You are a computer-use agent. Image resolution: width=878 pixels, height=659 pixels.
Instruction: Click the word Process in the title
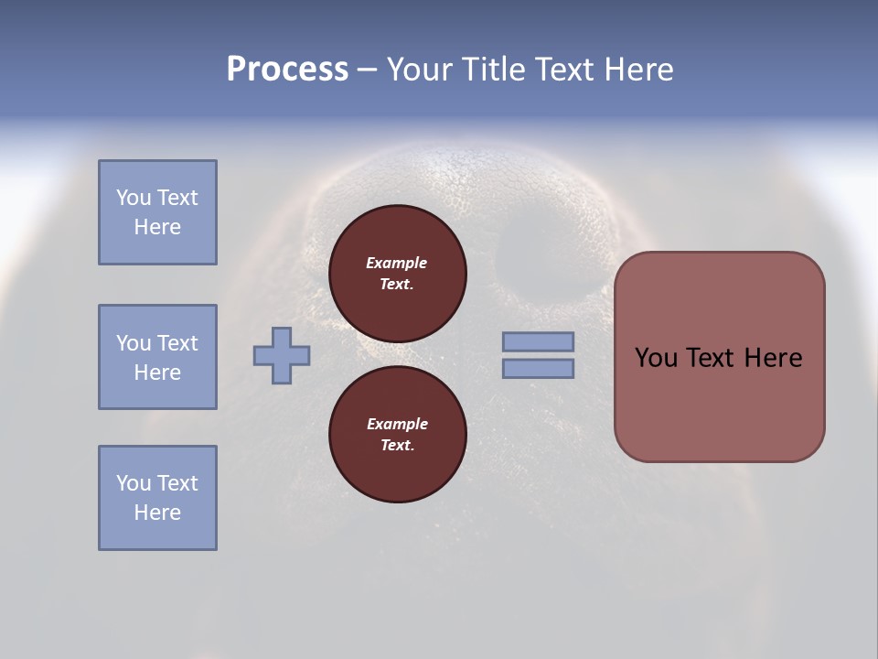[287, 70]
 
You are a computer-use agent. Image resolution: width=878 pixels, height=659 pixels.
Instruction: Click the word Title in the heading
[497, 70]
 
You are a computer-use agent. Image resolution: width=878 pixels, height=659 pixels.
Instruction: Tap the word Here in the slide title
[637, 70]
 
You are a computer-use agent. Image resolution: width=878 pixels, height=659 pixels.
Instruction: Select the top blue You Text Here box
[157, 212]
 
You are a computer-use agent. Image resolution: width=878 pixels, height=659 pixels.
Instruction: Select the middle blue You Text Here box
[157, 357]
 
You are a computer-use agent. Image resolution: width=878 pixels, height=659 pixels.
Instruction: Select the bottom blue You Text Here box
[157, 498]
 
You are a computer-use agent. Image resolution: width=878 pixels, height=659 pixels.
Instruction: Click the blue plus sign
[282, 355]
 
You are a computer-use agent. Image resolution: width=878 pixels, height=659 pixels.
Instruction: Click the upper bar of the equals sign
[538, 341]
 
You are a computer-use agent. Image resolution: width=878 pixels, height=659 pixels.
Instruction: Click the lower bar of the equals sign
[538, 368]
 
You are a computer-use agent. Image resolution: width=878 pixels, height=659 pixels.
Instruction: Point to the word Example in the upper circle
[396, 263]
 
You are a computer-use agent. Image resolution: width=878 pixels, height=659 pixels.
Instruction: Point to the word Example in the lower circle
[397, 424]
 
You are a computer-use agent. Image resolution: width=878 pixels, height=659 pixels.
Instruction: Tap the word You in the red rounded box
[656, 358]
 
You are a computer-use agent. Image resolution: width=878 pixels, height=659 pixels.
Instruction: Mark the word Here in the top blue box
[157, 227]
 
